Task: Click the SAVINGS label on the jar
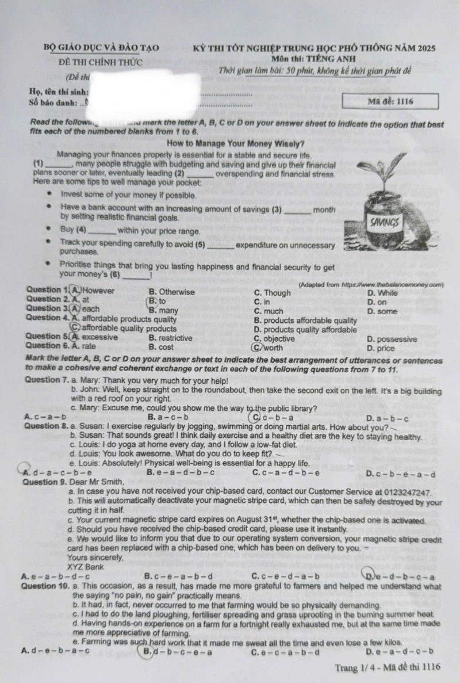(385, 222)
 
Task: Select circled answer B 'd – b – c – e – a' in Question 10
(177, 651)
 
